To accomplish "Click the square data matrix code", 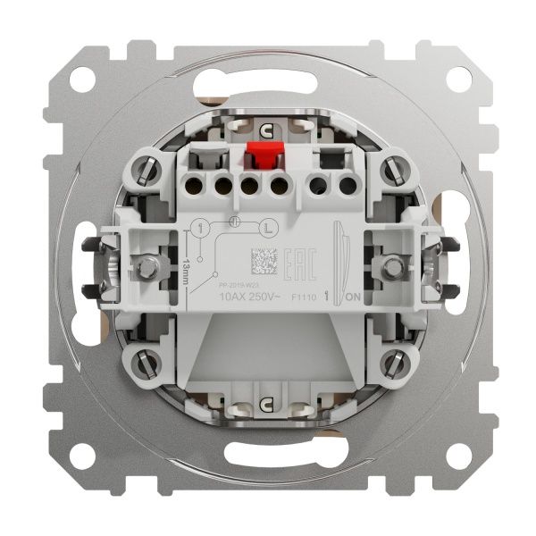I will [263, 263].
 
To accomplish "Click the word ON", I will [352, 297].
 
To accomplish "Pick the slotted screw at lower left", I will [149, 365].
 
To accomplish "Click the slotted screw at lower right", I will [390, 365].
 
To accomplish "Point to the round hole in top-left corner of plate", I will [81, 79].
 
